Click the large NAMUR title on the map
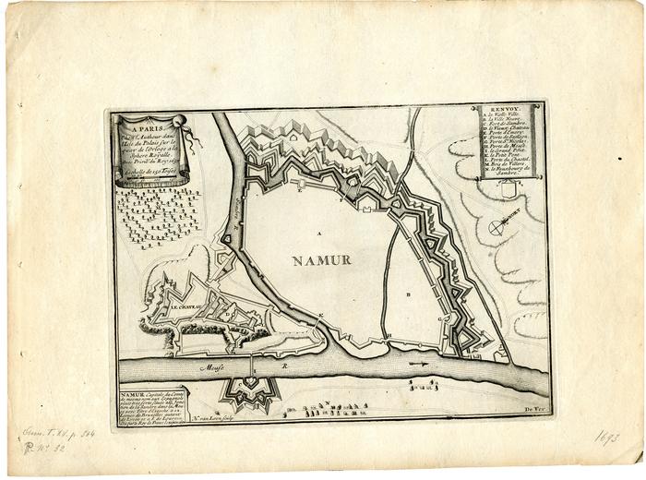[x=322, y=259]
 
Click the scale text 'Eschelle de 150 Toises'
[x=148, y=174]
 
